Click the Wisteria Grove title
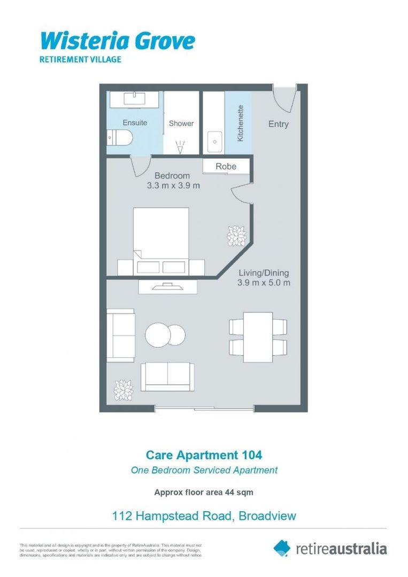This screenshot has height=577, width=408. coord(118,41)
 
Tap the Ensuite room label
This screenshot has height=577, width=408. coord(135,123)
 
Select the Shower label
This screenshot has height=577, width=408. coord(181,123)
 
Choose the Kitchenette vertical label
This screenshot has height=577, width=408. coord(240,123)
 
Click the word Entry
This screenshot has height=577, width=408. coord(278,124)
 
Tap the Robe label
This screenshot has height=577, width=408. coord(226,167)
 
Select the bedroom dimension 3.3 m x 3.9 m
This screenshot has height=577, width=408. coord(173,186)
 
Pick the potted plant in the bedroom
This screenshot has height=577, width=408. coord(236,235)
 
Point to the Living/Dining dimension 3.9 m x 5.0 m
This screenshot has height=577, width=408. coord(264,283)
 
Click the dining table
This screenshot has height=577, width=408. coord(258,337)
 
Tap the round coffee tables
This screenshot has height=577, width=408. coord(165,335)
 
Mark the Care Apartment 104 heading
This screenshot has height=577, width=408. coord(204,455)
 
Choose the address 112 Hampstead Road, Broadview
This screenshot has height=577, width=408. coord(204,516)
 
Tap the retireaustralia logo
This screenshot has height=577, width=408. coord(330,548)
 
